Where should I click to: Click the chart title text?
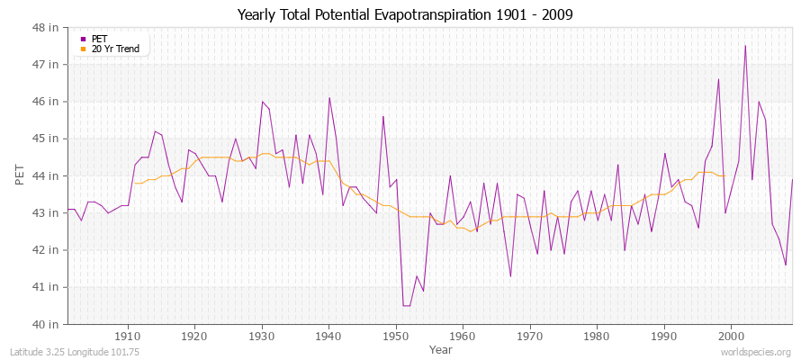[404, 14]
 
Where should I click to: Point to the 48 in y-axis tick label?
[47, 28]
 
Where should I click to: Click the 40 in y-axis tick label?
[47, 324]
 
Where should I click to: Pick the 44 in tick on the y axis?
[47, 175]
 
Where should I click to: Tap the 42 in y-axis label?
[47, 250]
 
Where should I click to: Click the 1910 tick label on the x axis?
[127, 336]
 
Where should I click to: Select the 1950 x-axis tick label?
[395, 336]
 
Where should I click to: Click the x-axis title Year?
[441, 348]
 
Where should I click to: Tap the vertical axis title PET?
[21, 175]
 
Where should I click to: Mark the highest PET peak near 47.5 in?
[745, 46]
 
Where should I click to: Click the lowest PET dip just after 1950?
[406, 305]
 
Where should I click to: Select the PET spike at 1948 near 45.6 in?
[383, 116]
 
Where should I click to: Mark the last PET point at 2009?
[792, 179]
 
